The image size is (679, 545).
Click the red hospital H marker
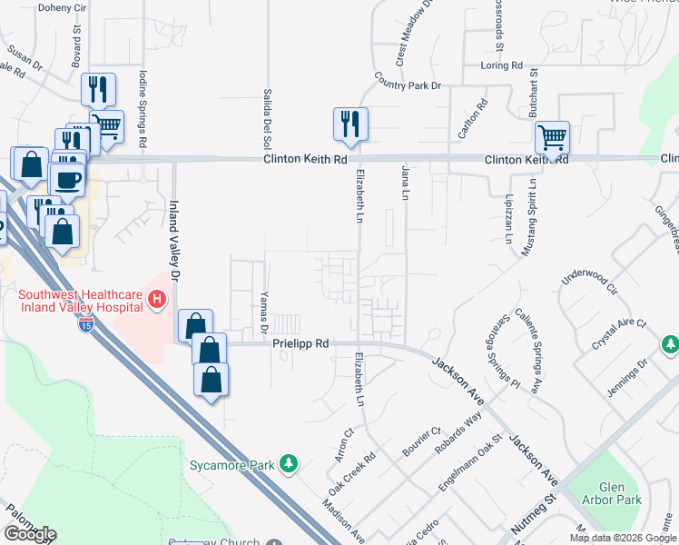(x=157, y=299)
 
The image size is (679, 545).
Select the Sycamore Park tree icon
(x=289, y=464)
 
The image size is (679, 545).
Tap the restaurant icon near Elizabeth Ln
(x=350, y=123)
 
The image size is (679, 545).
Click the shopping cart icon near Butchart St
(x=552, y=138)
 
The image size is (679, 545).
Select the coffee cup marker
(x=68, y=180)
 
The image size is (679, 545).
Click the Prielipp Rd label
(x=300, y=344)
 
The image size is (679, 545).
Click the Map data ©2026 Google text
(x=623, y=538)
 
